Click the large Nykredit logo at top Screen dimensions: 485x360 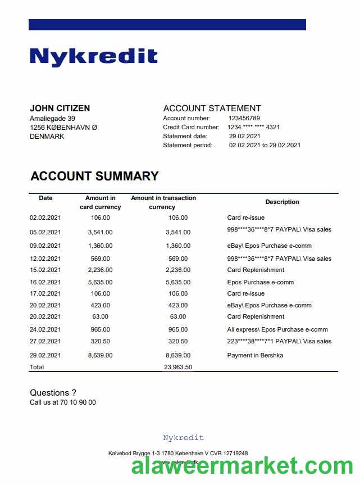(x=93, y=57)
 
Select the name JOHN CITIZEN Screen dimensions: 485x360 (x=60, y=108)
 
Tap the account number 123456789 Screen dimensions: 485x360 (x=244, y=118)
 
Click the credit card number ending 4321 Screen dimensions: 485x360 (x=254, y=127)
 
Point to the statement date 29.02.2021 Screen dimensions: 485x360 (x=244, y=136)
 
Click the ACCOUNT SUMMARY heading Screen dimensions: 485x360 (x=94, y=176)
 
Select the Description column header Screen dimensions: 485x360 (x=282, y=202)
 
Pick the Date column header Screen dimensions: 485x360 (x=45, y=198)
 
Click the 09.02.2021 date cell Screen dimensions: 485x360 (x=45, y=246)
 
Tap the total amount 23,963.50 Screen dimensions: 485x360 (x=178, y=367)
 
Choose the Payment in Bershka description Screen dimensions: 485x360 (x=255, y=355)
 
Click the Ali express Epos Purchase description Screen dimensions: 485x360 (x=277, y=329)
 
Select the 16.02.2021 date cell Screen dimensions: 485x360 (x=45, y=282)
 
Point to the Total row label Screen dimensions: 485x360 (x=37, y=367)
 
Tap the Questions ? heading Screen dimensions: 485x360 (x=53, y=393)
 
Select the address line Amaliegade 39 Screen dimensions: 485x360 (x=52, y=119)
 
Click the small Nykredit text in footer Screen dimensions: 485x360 (x=183, y=438)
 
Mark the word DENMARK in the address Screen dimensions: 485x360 (x=47, y=136)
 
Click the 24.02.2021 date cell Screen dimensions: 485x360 (x=45, y=329)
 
